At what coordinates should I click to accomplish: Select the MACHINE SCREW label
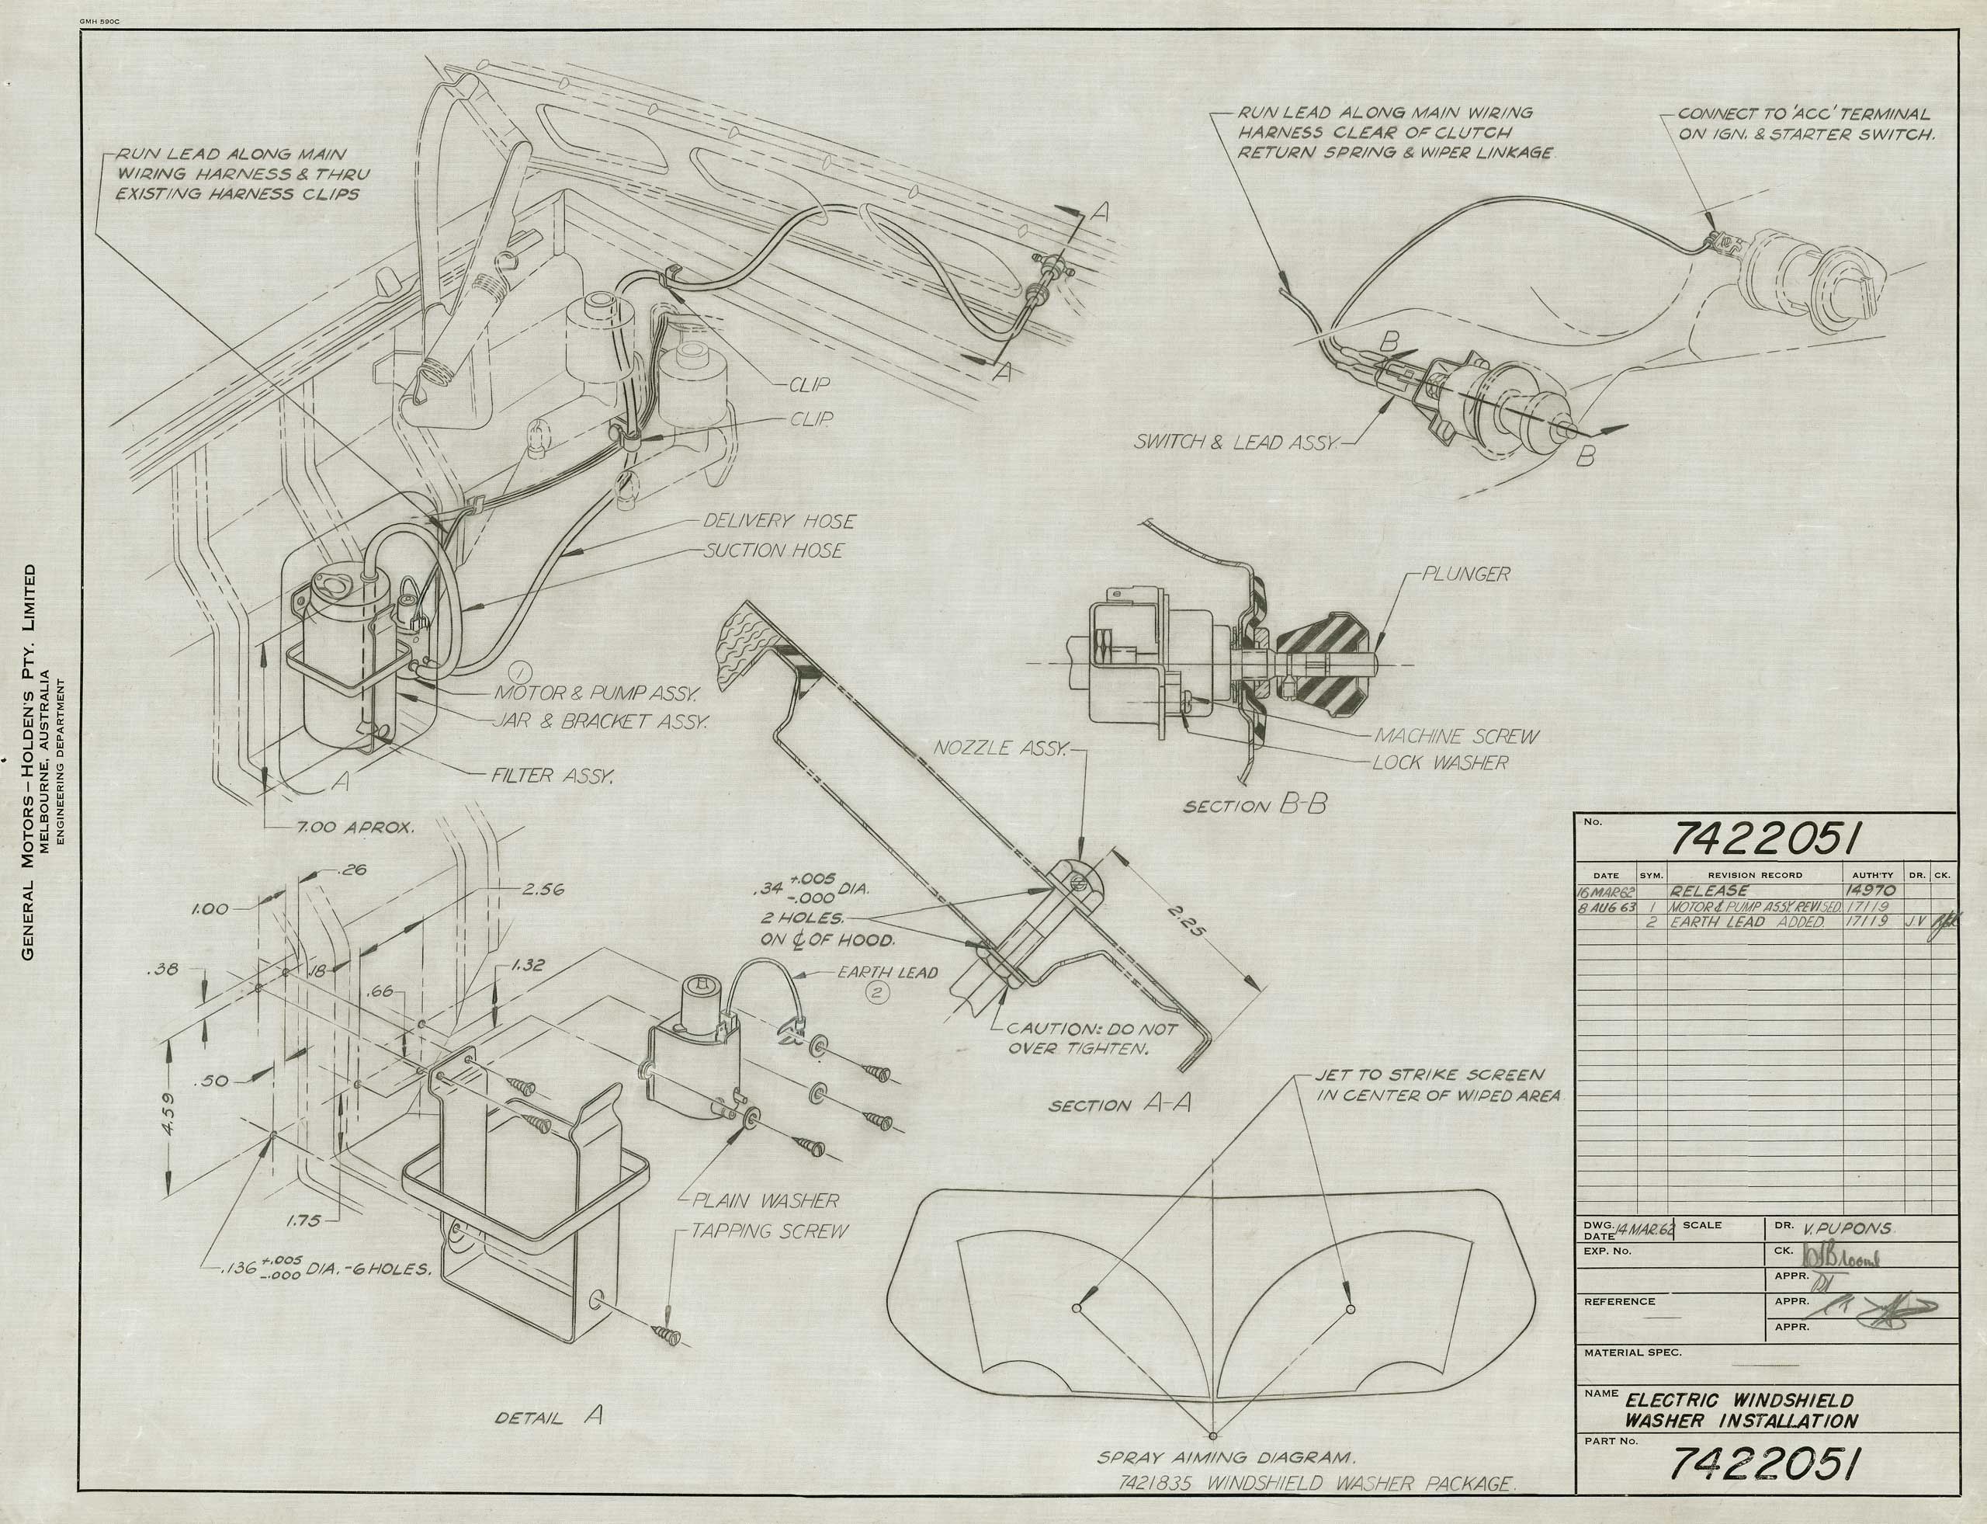[x=1456, y=737]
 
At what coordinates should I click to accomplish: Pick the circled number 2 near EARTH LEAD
[x=878, y=992]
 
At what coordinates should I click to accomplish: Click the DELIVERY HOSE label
[x=779, y=522]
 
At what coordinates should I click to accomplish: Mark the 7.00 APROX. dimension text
[x=355, y=828]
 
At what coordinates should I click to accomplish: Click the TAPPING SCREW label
[x=770, y=1231]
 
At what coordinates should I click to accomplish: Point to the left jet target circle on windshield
[x=1077, y=1308]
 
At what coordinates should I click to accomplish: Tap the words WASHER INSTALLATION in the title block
[x=1740, y=1421]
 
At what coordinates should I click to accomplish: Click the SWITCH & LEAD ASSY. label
[x=1235, y=443]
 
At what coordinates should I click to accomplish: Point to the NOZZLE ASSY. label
[x=1003, y=748]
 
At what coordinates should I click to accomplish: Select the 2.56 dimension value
[x=543, y=889]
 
